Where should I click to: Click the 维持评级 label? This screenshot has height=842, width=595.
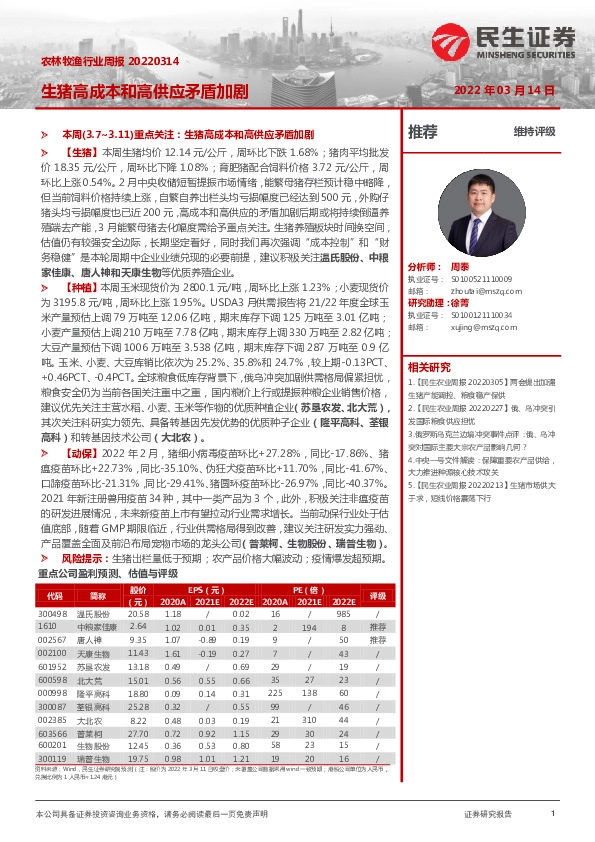coord(534,131)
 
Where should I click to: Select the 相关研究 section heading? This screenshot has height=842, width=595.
coord(429,367)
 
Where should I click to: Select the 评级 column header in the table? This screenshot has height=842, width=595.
coord(378,595)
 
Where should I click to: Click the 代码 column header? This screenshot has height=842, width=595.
coord(52,595)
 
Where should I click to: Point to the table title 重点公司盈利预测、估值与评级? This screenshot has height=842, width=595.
coord(93,573)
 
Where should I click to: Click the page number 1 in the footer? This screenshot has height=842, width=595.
coord(553,815)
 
